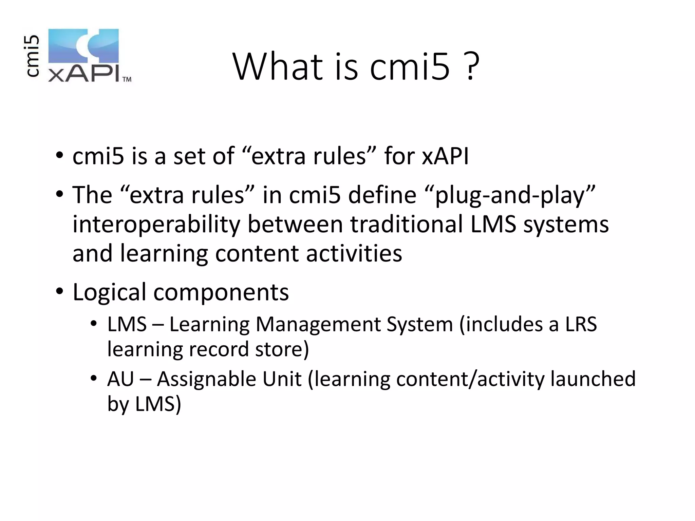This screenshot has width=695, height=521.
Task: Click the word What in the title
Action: (x=278, y=67)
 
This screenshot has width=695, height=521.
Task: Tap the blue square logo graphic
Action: (x=83, y=46)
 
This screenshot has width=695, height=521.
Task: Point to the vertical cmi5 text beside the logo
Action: (x=33, y=56)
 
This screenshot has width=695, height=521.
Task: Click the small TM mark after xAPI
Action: (x=127, y=79)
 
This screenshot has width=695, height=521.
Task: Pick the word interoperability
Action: (x=156, y=225)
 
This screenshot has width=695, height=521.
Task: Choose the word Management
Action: (x=318, y=324)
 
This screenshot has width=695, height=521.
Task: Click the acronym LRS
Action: (x=581, y=324)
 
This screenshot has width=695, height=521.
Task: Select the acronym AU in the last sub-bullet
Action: (x=120, y=379)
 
